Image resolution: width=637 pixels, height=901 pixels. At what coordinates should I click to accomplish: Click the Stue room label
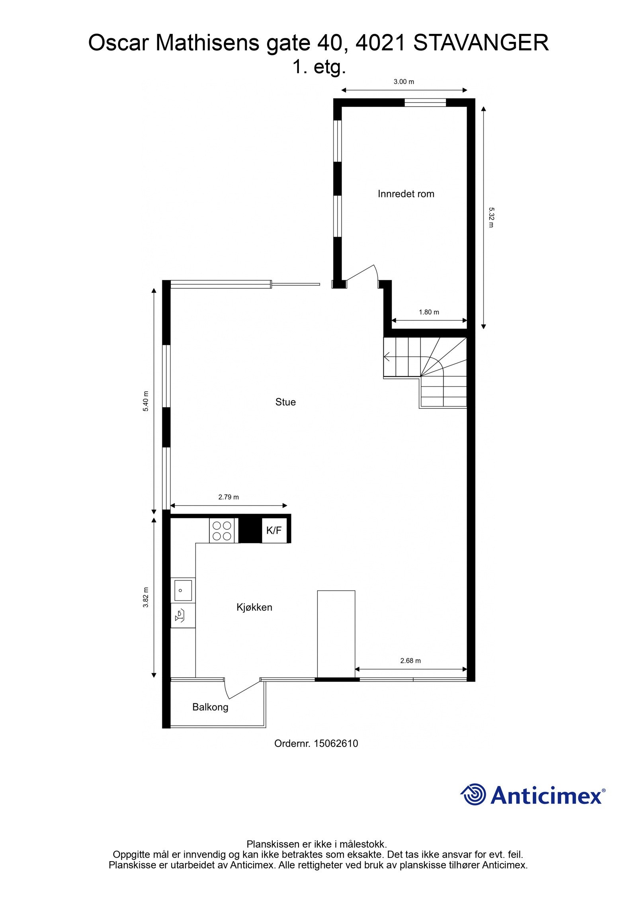[285, 402]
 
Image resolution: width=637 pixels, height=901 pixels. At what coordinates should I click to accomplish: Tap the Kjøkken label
[254, 607]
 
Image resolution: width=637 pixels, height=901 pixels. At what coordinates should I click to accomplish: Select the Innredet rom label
[406, 194]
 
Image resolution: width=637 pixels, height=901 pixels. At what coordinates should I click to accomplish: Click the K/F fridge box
[274, 530]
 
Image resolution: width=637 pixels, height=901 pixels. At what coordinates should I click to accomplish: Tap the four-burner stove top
[222, 531]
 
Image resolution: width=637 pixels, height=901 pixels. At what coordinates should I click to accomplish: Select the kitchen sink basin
[183, 590]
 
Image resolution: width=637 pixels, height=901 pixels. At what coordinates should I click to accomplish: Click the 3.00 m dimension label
[404, 82]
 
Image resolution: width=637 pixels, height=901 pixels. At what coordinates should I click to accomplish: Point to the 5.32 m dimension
[491, 217]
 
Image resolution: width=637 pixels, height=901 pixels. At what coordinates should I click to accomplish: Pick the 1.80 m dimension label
[429, 312]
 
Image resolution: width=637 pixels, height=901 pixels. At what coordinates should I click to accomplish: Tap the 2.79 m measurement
[229, 497]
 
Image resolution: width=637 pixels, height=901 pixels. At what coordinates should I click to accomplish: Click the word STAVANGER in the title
[481, 43]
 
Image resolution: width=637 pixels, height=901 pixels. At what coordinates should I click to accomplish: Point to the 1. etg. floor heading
[319, 67]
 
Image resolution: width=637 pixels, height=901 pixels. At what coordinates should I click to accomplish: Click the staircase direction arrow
[387, 356]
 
